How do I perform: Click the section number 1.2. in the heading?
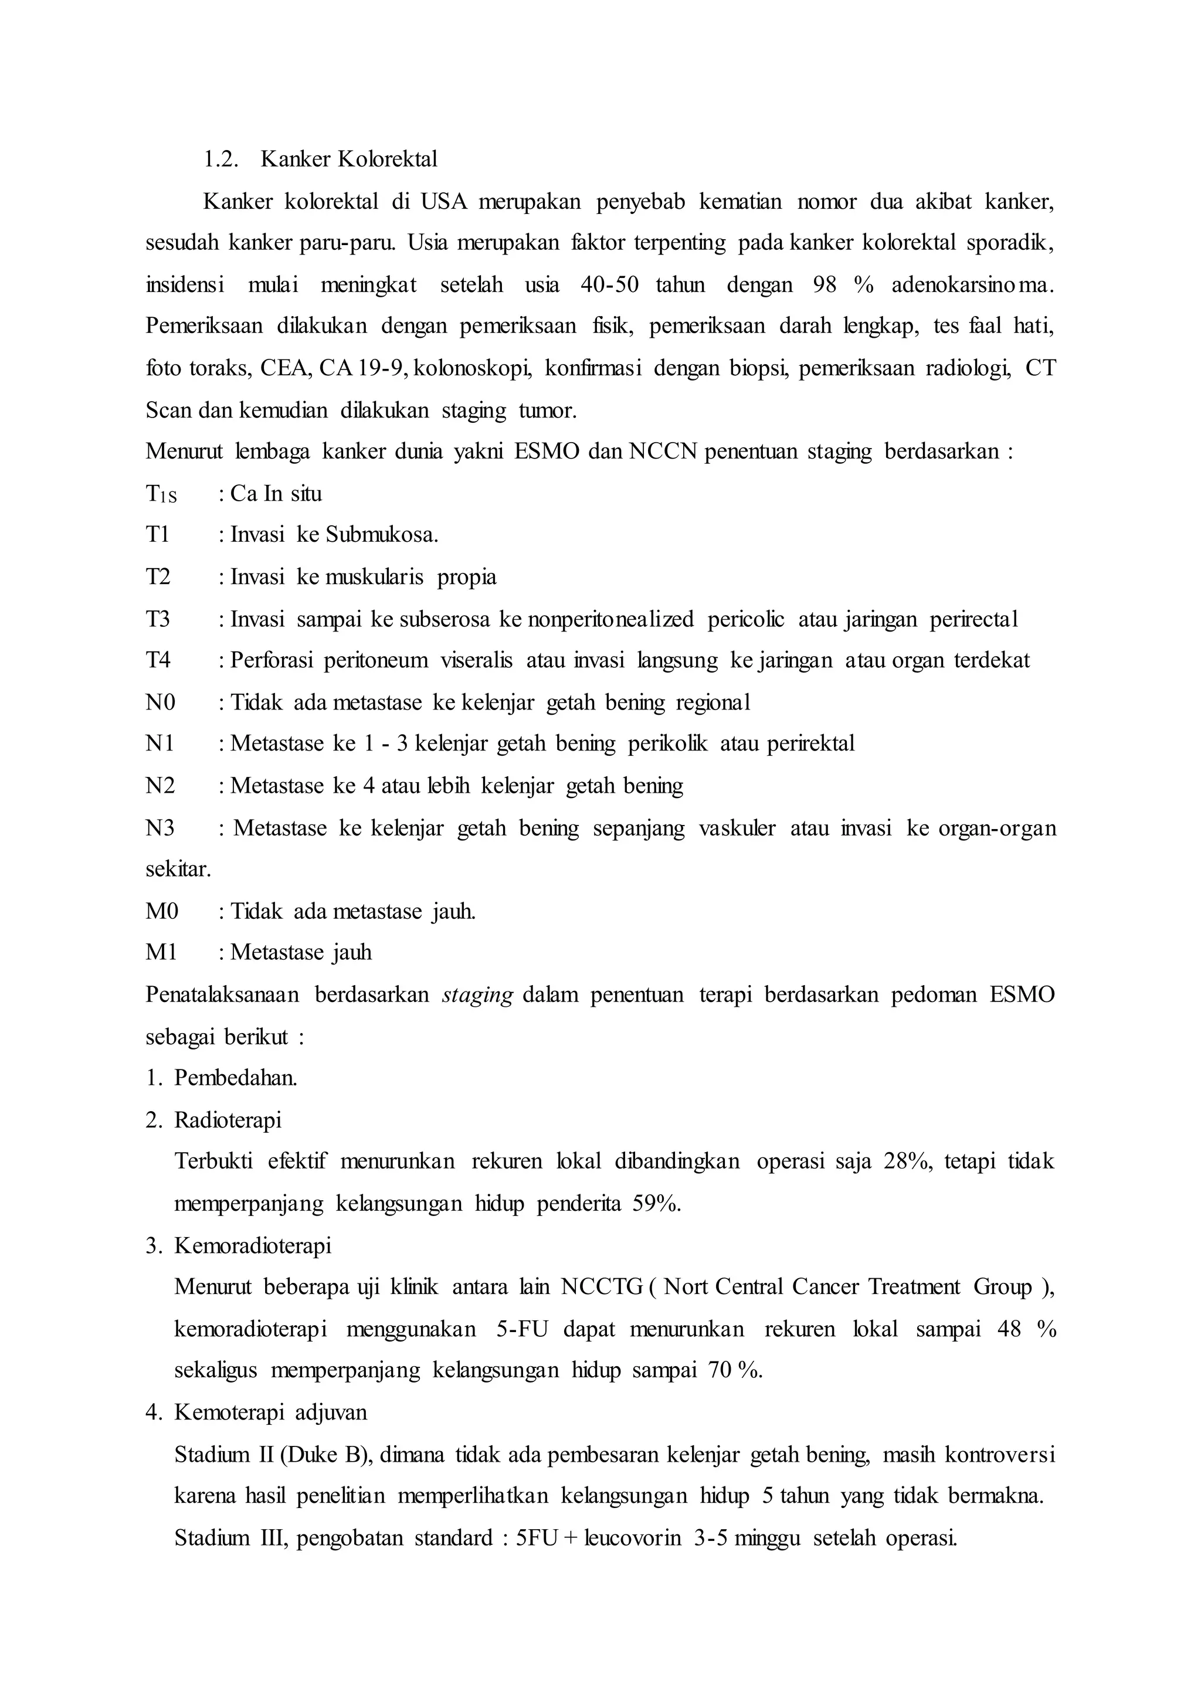pyautogui.click(x=220, y=159)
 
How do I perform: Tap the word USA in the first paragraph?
pyautogui.click(x=444, y=201)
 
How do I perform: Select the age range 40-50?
pyautogui.click(x=609, y=285)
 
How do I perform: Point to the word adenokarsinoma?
pyautogui.click(x=972, y=285)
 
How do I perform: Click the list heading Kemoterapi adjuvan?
pyautogui.click(x=270, y=1412)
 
